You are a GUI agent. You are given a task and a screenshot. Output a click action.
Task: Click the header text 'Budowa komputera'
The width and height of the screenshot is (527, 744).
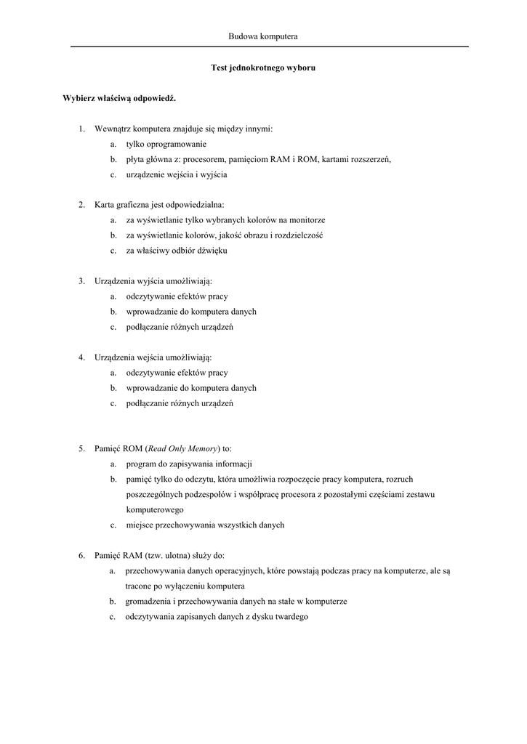[x=263, y=36]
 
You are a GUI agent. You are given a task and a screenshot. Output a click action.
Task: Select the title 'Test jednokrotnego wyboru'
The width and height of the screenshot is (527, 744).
[x=263, y=67]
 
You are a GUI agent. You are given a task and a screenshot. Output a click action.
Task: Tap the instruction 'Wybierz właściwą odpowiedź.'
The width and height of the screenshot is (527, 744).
[x=120, y=98]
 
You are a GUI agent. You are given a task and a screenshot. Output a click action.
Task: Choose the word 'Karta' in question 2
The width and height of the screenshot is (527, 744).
[x=106, y=205]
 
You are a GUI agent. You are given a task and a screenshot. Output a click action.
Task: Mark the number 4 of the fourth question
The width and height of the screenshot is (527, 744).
[x=82, y=357]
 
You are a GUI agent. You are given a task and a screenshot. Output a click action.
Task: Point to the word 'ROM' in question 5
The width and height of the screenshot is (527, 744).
[x=131, y=448]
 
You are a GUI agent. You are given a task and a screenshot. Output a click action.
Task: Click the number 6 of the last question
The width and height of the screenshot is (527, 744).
[x=82, y=556]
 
